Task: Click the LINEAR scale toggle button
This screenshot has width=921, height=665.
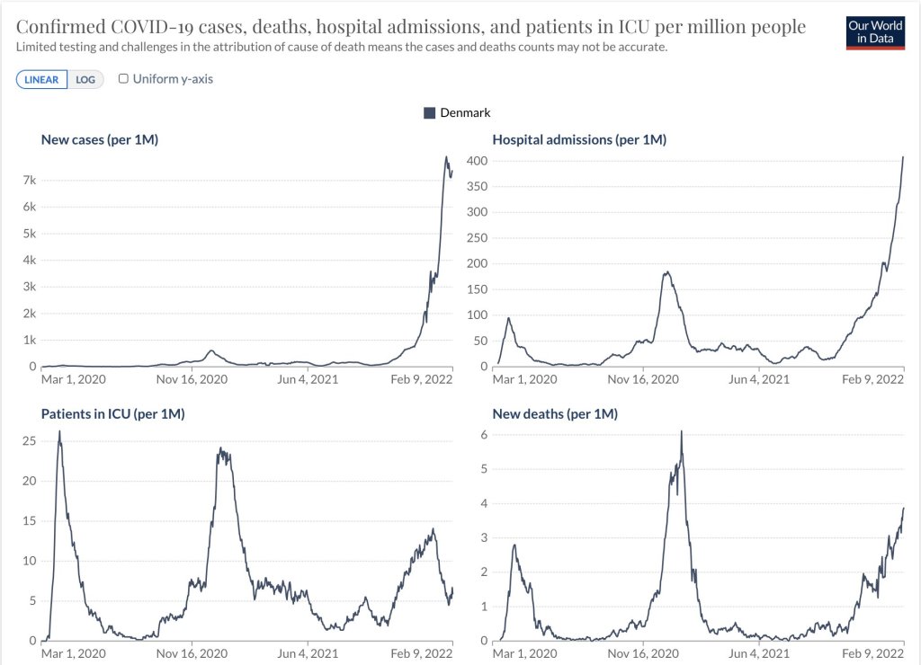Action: point(41,79)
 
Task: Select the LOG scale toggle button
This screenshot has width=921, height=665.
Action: point(85,79)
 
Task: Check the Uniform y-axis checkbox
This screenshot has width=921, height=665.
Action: point(124,79)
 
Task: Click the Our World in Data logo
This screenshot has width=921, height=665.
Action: point(876,32)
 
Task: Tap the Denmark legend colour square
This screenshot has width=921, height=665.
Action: point(429,113)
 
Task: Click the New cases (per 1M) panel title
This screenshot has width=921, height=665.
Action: point(100,139)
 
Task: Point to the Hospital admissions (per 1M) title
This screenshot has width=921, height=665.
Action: point(579,139)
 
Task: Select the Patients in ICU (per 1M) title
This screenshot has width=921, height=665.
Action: point(112,413)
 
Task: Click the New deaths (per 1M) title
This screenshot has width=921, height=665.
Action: point(555,413)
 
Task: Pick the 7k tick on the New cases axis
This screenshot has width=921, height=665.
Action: point(29,181)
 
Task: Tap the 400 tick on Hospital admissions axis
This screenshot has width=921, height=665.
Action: point(476,161)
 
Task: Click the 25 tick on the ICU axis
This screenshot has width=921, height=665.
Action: point(29,441)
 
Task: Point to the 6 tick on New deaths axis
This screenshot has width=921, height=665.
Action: point(483,434)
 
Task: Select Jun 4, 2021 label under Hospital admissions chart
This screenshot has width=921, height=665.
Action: point(756,379)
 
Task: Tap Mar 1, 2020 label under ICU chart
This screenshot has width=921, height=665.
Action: point(74,653)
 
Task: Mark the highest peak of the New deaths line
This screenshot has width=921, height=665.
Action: point(681,432)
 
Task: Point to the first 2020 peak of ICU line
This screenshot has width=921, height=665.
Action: point(59,432)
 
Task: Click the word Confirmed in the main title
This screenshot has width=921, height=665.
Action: point(58,27)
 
